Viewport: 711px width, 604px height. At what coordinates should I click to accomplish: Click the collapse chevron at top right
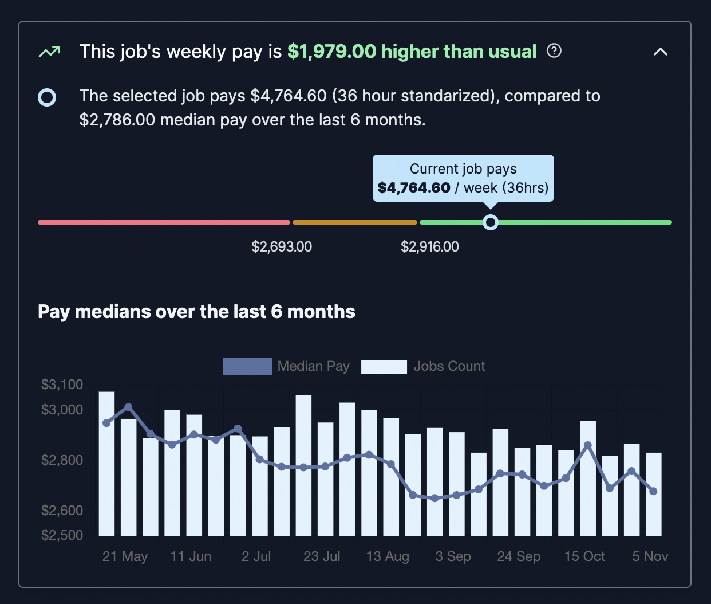point(660,52)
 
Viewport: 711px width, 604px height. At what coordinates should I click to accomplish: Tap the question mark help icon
point(554,51)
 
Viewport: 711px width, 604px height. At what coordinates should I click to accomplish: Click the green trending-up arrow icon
point(49,52)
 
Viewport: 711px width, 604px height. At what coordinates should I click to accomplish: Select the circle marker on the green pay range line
point(490,222)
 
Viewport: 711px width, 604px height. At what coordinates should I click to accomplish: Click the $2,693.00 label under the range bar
point(282,247)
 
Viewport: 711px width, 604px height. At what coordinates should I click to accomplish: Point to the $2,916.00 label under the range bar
point(429,247)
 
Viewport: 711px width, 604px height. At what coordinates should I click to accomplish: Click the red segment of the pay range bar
point(164,222)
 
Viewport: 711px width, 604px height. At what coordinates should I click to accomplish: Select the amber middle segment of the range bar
point(355,222)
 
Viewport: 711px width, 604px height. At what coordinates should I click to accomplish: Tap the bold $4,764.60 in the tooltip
point(414,188)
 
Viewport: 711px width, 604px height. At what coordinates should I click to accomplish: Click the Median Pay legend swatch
point(247,366)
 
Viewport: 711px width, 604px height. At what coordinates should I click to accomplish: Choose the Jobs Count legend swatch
point(384,366)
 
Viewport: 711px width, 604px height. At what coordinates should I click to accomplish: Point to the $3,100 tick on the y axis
point(62,385)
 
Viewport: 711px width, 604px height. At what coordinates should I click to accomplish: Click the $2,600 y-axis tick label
point(62,510)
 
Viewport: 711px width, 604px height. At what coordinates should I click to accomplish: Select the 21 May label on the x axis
point(125,556)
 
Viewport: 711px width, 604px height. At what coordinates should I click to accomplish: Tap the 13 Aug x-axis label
point(388,556)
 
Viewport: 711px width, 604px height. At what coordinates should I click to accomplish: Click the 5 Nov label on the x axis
point(650,556)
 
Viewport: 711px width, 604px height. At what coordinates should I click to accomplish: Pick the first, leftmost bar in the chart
point(106,464)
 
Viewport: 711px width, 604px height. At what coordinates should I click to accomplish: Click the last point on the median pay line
point(653,491)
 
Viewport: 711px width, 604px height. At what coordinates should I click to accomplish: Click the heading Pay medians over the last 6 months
point(196,312)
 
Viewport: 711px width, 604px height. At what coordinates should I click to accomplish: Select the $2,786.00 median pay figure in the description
point(117,120)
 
